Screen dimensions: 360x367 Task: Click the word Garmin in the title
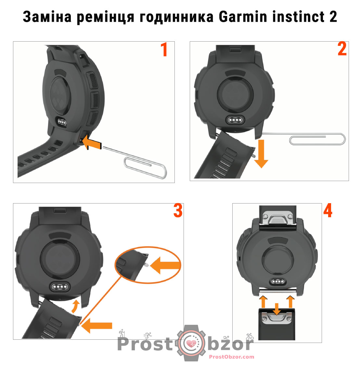point(243,17)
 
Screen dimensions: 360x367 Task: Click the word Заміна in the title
point(47,17)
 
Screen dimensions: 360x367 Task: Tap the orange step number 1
point(164,50)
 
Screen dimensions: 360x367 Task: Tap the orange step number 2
point(342,49)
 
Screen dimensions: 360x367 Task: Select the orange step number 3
point(178,211)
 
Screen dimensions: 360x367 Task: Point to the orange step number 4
point(328,211)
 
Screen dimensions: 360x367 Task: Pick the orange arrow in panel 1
point(92,142)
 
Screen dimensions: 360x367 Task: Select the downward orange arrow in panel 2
point(261,154)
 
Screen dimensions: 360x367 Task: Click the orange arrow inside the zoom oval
point(165,265)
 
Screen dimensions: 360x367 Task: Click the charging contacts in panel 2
point(236,120)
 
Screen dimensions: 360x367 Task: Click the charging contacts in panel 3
point(60,286)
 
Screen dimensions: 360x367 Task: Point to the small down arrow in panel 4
point(277,309)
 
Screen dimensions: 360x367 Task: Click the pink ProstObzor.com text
point(231,357)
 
